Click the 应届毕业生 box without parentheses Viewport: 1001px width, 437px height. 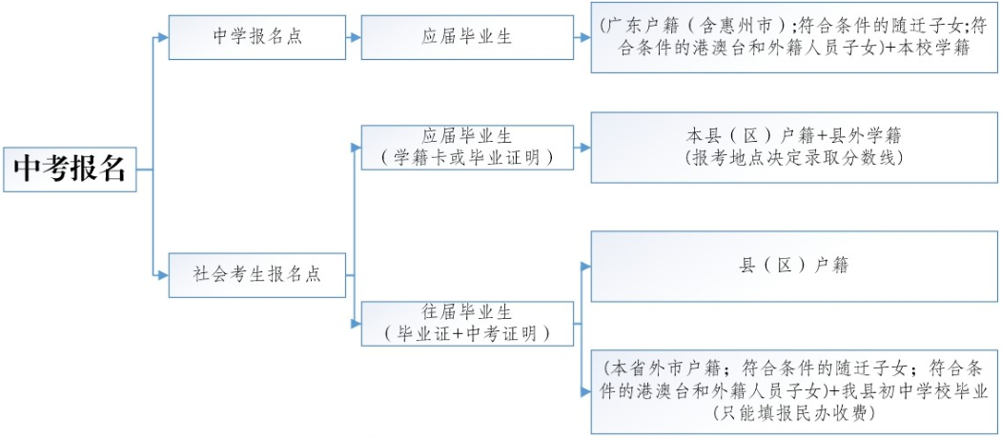click(467, 37)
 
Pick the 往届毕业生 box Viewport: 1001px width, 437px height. click(466, 324)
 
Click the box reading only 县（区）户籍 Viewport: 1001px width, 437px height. click(793, 266)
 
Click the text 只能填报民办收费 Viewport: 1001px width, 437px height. click(793, 412)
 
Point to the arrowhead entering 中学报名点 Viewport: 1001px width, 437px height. click(162, 37)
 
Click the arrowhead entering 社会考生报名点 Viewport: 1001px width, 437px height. click(162, 275)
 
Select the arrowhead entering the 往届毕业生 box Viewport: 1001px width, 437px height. click(356, 324)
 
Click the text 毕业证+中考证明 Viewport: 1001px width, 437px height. click(466, 333)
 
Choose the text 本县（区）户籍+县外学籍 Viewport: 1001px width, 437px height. click(793, 135)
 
